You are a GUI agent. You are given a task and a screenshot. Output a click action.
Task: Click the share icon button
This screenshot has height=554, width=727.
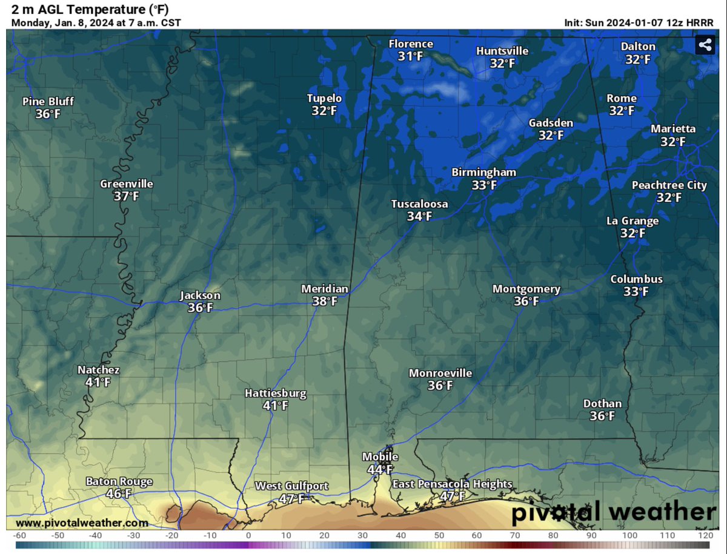(x=705, y=44)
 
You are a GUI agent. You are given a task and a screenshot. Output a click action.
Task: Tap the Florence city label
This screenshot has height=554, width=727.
(x=411, y=44)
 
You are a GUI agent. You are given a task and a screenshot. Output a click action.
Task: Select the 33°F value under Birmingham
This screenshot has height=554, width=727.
(x=484, y=185)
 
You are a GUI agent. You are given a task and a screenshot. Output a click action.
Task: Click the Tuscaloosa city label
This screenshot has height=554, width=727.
(x=419, y=204)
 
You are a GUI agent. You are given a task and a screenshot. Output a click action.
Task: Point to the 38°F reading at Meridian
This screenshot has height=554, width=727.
(x=325, y=302)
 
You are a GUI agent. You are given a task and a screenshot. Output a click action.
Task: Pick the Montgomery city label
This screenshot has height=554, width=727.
(x=526, y=289)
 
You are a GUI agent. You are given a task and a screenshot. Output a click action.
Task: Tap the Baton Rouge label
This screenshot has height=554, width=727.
(x=119, y=482)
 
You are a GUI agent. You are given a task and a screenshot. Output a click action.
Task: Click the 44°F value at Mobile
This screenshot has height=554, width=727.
(x=380, y=469)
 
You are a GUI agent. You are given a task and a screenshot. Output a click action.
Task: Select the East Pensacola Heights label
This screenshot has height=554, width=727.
(x=452, y=484)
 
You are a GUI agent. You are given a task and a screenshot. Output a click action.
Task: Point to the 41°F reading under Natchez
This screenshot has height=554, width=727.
(x=98, y=383)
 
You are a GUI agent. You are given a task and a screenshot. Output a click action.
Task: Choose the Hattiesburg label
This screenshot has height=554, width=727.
(x=275, y=394)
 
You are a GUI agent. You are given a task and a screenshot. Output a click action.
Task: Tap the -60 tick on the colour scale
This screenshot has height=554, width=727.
(x=20, y=535)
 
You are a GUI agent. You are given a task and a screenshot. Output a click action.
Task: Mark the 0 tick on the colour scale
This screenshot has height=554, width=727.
(x=248, y=535)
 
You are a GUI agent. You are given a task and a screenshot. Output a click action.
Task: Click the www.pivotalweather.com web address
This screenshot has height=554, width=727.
(x=82, y=523)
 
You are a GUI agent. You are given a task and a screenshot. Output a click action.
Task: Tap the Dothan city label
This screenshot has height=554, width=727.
(x=602, y=404)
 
